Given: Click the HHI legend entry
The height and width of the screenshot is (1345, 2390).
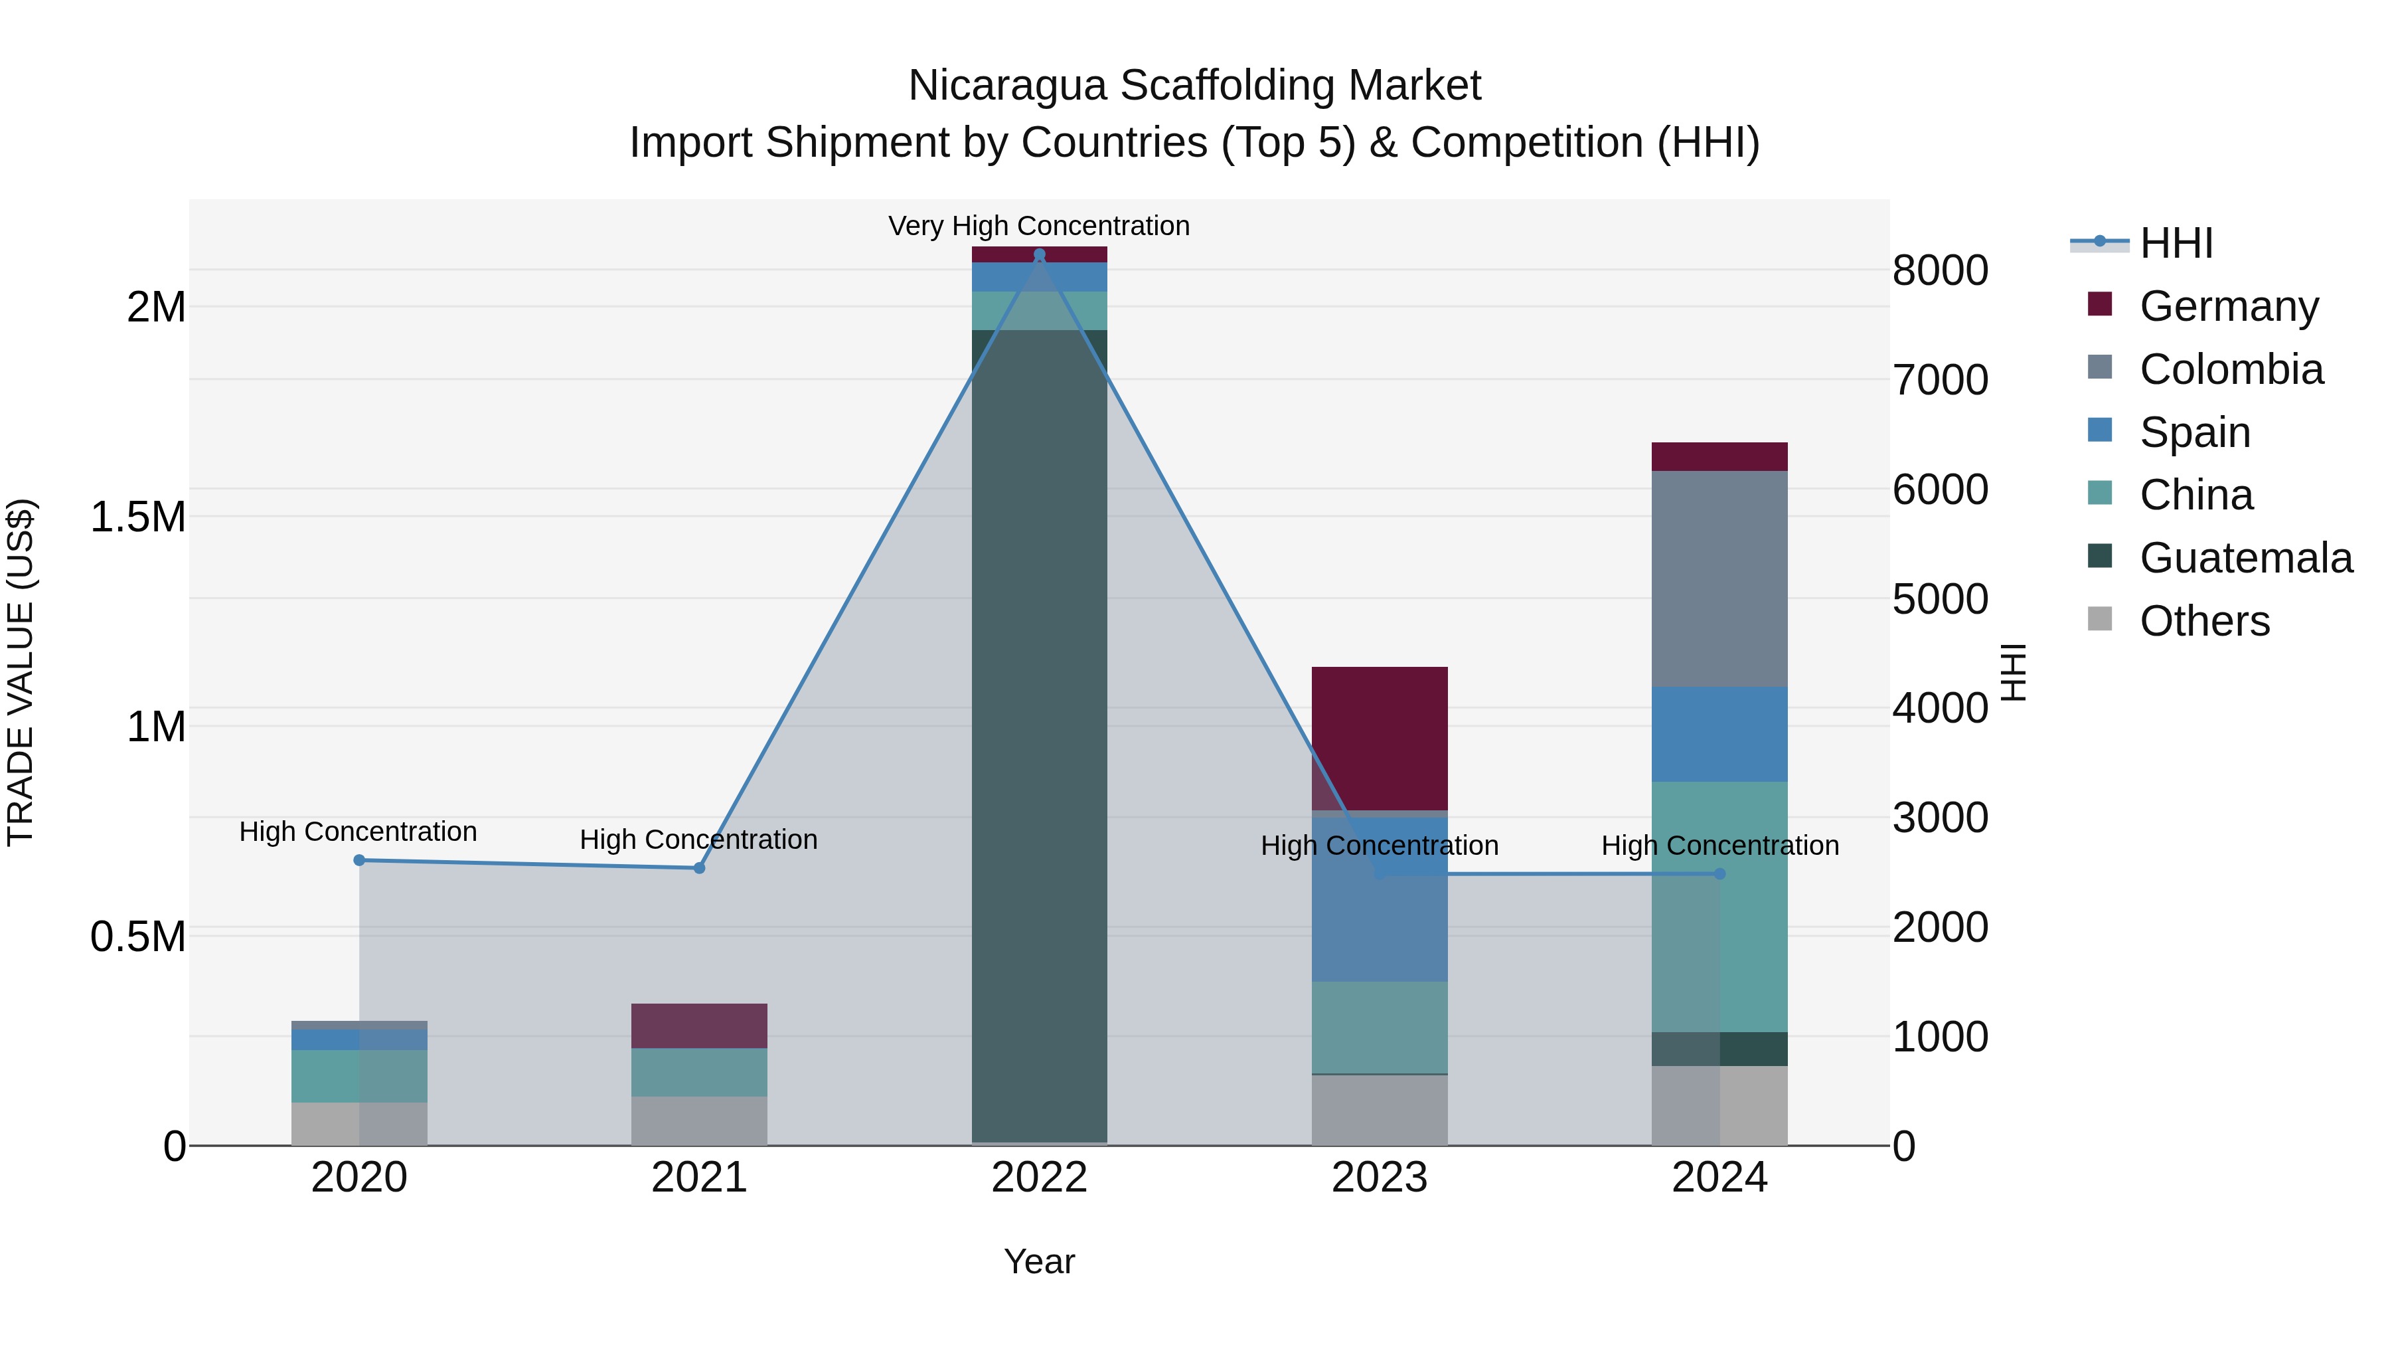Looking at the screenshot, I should click(2176, 243).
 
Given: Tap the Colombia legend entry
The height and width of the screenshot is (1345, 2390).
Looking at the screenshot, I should click(2231, 369).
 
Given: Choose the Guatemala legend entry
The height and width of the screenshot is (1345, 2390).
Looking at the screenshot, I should click(2245, 558).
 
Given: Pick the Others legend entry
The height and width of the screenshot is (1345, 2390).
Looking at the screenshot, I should click(2204, 621).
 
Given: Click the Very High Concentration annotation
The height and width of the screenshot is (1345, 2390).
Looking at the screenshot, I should click(1038, 226).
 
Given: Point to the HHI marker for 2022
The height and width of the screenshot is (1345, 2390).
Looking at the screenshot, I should click(1039, 254).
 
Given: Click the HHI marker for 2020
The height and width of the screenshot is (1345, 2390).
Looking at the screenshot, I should click(359, 860).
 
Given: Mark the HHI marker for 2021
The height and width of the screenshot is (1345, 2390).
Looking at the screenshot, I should click(700, 868).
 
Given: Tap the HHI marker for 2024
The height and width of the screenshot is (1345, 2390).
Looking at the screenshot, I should click(1719, 873).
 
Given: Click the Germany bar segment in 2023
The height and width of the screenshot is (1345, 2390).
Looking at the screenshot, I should click(1380, 738).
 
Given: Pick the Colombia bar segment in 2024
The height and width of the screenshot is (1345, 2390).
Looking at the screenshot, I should click(1719, 579).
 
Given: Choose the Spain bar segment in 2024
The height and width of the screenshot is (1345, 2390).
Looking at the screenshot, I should click(1719, 733).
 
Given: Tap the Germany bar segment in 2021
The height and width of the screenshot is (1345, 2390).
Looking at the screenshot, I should click(700, 1026).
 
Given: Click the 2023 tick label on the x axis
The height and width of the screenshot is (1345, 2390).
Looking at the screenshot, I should click(1380, 1178).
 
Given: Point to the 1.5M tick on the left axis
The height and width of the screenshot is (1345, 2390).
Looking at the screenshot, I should click(137, 517).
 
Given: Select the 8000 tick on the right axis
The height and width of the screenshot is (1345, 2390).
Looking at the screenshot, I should click(1940, 270).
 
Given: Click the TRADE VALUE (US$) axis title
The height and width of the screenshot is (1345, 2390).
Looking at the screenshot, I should click(21, 672).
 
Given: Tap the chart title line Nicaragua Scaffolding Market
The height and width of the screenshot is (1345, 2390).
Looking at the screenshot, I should click(1194, 86).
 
